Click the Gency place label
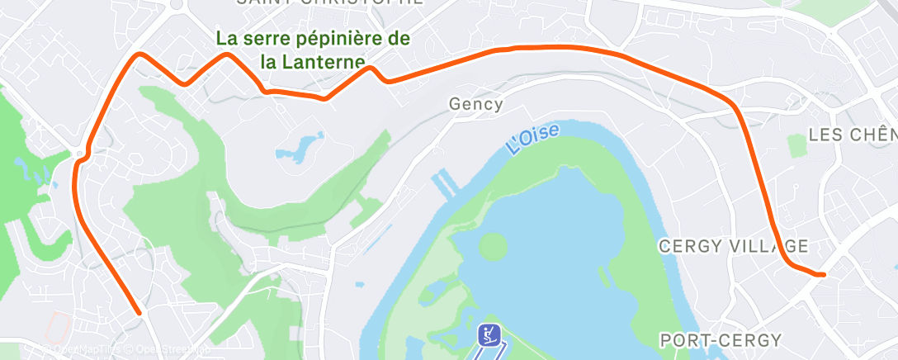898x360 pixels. [x=476, y=105]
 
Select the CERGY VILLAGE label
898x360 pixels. [x=732, y=246]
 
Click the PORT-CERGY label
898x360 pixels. [x=721, y=340]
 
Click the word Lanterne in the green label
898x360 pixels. [x=327, y=61]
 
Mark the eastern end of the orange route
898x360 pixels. [x=821, y=274]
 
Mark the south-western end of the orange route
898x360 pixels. [x=139, y=312]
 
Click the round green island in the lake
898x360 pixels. [x=492, y=245]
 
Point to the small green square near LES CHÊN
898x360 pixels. [x=796, y=146]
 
